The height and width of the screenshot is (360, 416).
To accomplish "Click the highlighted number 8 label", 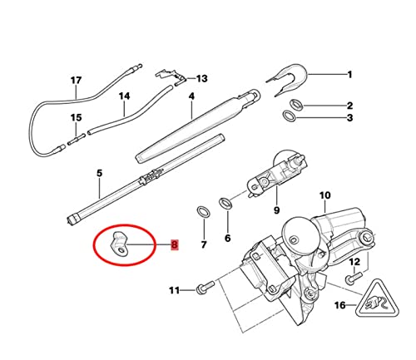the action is [x=175, y=244].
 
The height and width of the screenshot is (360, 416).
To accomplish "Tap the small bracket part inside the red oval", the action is [x=119, y=244].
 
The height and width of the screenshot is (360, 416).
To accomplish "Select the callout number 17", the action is [x=76, y=81].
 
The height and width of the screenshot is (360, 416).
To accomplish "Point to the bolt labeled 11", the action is [x=206, y=287].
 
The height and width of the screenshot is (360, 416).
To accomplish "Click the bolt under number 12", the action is [x=354, y=278].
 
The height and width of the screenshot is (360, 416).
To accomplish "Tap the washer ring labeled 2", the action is [x=296, y=105].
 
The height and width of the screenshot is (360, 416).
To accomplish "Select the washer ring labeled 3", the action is [x=290, y=116].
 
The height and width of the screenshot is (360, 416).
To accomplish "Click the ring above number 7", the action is [x=203, y=212].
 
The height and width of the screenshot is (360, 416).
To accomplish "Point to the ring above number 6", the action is [x=226, y=204].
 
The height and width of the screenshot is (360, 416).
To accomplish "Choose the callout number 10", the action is [x=325, y=195].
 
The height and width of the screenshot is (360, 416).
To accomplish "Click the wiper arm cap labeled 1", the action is [x=289, y=79].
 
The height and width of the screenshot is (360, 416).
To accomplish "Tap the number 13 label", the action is [x=201, y=79].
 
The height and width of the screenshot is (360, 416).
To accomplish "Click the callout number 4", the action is [x=191, y=96].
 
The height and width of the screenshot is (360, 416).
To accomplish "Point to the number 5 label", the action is [x=100, y=173].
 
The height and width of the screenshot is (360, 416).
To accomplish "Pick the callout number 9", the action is [x=277, y=210].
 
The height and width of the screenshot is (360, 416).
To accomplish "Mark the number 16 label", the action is [x=340, y=305].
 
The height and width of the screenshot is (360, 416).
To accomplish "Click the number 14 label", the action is [x=124, y=96].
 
